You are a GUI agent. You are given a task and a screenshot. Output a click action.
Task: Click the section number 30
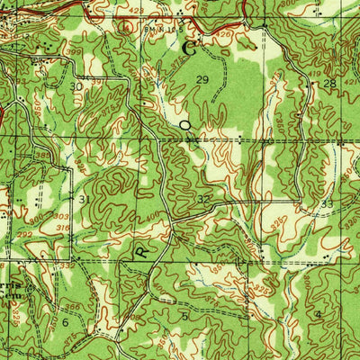point(76,86)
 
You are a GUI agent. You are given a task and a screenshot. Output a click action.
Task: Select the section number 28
point(329,84)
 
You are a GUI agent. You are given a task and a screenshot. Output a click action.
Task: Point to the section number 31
point(83,199)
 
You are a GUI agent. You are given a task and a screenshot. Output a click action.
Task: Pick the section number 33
point(327,204)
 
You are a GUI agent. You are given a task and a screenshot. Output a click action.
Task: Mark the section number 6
point(65,321)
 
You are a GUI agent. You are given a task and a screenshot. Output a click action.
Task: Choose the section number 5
point(184,316)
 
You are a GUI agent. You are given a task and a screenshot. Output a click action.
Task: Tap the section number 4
point(318,314)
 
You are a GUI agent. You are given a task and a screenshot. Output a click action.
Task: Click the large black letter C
point(189,48)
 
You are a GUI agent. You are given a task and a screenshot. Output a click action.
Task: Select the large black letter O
point(185,127)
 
